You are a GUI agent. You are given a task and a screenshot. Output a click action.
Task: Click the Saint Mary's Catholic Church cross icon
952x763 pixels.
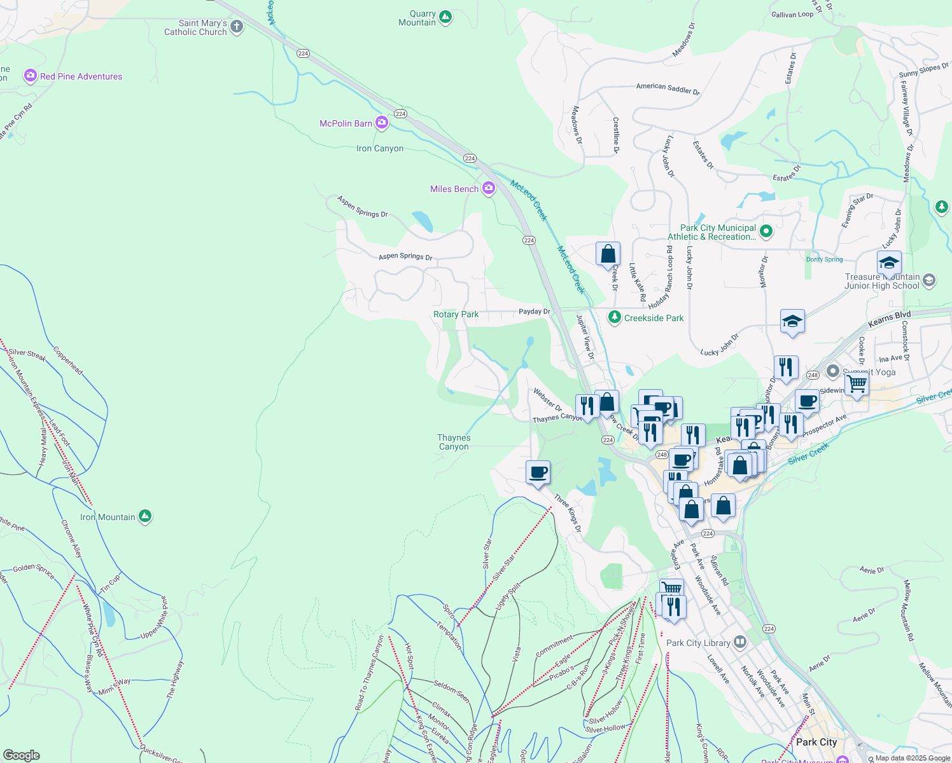237,27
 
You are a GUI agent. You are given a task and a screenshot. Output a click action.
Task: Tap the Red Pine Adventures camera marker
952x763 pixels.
30,76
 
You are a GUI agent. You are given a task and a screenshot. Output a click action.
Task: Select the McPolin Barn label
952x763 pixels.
346,123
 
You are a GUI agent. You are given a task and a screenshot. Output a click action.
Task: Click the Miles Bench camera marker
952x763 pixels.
489,188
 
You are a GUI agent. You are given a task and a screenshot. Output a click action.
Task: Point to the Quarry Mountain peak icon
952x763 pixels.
445,17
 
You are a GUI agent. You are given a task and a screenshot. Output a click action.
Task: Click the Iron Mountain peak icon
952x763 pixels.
145,516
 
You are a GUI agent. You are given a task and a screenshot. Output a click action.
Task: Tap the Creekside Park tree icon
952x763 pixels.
614,317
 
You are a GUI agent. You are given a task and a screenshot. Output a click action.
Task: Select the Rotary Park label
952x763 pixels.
456,315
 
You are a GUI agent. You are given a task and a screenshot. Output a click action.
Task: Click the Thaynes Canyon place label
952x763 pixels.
454,442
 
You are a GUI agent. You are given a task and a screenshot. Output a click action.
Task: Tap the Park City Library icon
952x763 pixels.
739,642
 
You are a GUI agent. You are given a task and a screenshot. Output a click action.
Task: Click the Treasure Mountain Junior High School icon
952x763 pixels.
929,280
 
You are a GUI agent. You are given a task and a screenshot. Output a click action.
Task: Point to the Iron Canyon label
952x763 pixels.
380,149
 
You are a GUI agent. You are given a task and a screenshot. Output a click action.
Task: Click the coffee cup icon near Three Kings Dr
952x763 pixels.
538,472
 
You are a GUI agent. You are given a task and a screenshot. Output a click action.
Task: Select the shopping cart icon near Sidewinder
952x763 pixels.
857,384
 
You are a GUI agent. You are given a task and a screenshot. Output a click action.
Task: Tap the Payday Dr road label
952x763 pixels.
534,312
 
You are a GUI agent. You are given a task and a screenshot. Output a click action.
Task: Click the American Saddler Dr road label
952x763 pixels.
668,88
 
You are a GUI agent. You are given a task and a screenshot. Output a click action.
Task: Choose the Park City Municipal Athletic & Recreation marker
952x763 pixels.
766,231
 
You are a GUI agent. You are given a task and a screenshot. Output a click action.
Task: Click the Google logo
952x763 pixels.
21,755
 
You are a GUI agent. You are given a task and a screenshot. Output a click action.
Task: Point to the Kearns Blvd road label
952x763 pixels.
889,319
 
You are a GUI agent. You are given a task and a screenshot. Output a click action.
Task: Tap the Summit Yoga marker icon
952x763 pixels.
832,371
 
